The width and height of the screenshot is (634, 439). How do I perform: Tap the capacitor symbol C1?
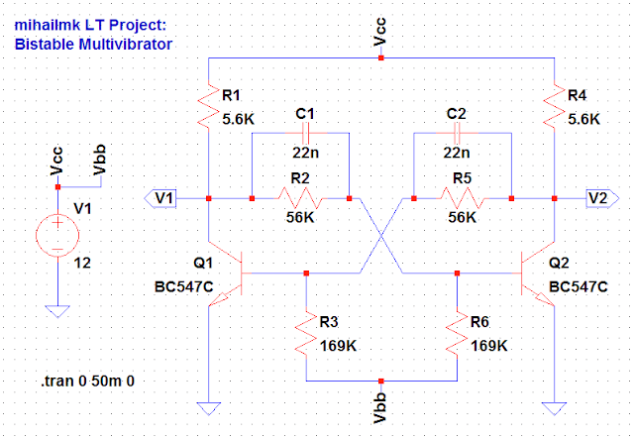point(304,135)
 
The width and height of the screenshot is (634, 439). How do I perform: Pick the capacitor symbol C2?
point(456,135)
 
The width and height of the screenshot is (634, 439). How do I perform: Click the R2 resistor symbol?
point(301,198)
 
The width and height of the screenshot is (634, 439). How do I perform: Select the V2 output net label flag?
point(597,198)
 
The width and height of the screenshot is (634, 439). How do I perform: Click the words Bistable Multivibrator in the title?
point(94,45)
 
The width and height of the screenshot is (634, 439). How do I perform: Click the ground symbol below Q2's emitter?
point(556,407)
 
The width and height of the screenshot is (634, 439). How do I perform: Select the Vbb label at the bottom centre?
point(382,407)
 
